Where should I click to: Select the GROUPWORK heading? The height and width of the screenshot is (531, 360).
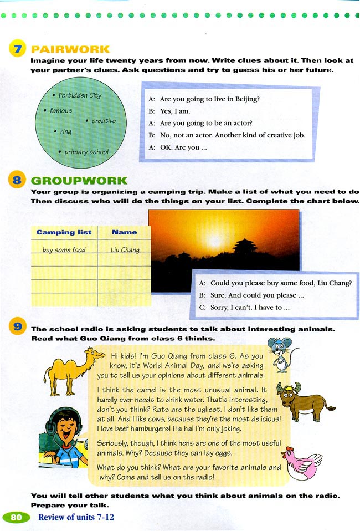(79, 181)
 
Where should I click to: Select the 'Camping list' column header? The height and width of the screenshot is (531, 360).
(64, 232)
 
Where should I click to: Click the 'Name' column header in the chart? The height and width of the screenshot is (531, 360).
(124, 232)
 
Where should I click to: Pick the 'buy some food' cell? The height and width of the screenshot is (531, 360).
(64, 250)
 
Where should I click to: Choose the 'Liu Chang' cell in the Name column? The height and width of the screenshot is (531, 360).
(125, 250)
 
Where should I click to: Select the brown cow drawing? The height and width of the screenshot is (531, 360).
(302, 400)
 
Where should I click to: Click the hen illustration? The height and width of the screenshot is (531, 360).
(302, 463)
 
